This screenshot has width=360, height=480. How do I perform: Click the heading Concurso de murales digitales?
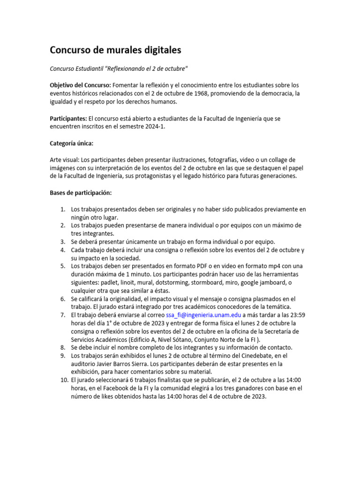(x=115, y=50)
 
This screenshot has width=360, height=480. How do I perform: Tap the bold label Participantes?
(x=68, y=119)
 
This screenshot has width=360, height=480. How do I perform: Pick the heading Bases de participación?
(x=81, y=193)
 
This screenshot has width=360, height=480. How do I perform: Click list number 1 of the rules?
(x=62, y=209)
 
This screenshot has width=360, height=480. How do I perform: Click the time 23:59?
(x=297, y=315)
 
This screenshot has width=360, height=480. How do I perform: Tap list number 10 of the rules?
(x=64, y=380)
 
